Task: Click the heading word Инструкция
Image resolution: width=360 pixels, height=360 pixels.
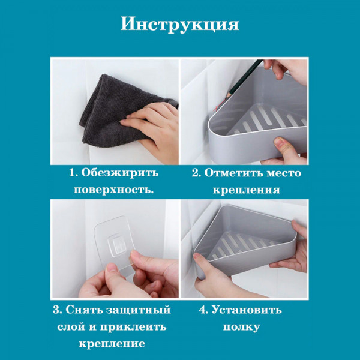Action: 180,24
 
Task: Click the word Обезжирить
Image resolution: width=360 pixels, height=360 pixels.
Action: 120,173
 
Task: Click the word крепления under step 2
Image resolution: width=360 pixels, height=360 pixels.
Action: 246,190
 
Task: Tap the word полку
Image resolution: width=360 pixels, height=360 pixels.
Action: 241,327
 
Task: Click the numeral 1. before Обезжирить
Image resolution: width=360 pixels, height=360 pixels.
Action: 73,173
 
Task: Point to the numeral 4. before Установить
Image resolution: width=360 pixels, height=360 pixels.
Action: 204,310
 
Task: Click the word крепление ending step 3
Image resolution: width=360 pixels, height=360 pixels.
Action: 112,344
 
